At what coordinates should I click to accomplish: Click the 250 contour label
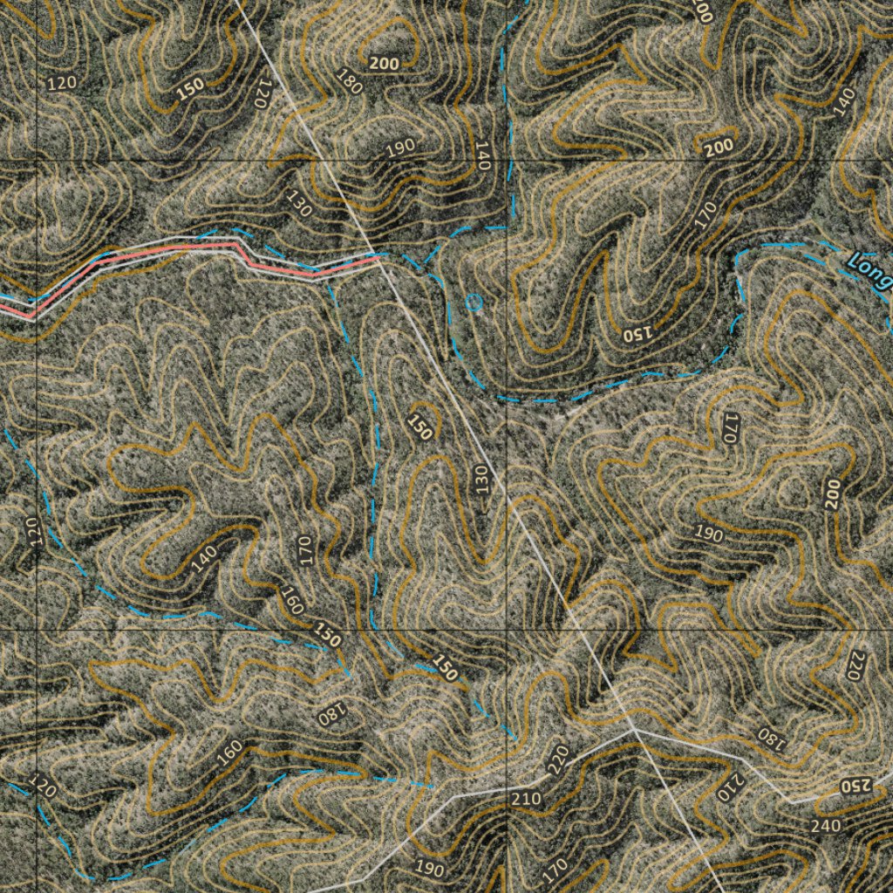point(856,786)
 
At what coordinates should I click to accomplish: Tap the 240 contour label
point(825,825)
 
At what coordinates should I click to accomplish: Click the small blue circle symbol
point(474,303)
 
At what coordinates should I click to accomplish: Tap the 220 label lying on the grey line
point(558,760)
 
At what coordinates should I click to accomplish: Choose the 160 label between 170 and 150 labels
point(292,600)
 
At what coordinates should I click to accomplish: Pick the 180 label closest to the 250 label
point(771,736)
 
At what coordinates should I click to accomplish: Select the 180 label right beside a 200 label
point(349,83)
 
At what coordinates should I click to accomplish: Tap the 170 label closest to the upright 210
point(555,869)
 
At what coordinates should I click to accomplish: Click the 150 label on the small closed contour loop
point(420,426)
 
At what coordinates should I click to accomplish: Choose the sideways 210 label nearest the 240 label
point(729,787)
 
